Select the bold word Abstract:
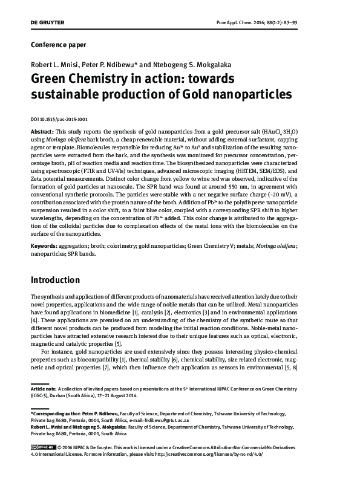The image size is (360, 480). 42,131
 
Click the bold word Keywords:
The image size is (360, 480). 45,247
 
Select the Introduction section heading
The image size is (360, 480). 64,281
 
